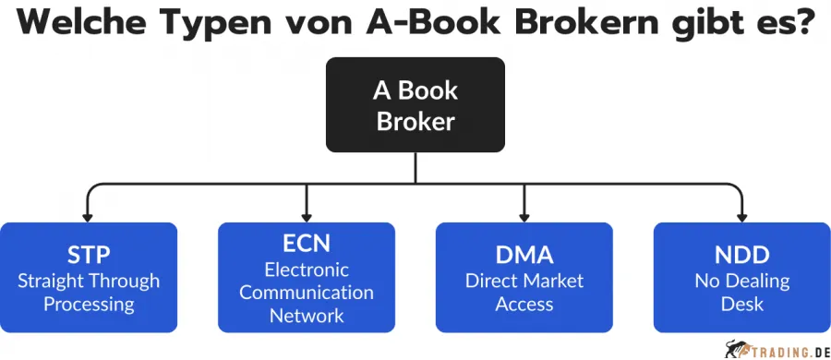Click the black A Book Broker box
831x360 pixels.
(415, 104)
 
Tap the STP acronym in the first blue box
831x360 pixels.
(89, 256)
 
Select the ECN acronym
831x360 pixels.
(307, 244)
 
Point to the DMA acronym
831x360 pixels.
(524, 256)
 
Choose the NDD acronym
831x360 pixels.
(741, 256)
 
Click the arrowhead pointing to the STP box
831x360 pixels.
(89, 214)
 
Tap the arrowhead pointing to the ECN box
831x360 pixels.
(307, 214)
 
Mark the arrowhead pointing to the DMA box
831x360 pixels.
(524, 214)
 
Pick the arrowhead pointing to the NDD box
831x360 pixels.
(741, 214)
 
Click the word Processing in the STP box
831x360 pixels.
(89, 304)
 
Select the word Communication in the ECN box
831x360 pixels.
(307, 293)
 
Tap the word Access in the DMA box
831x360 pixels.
(524, 304)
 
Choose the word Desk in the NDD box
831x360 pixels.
(741, 304)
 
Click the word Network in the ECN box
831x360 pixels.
(307, 316)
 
